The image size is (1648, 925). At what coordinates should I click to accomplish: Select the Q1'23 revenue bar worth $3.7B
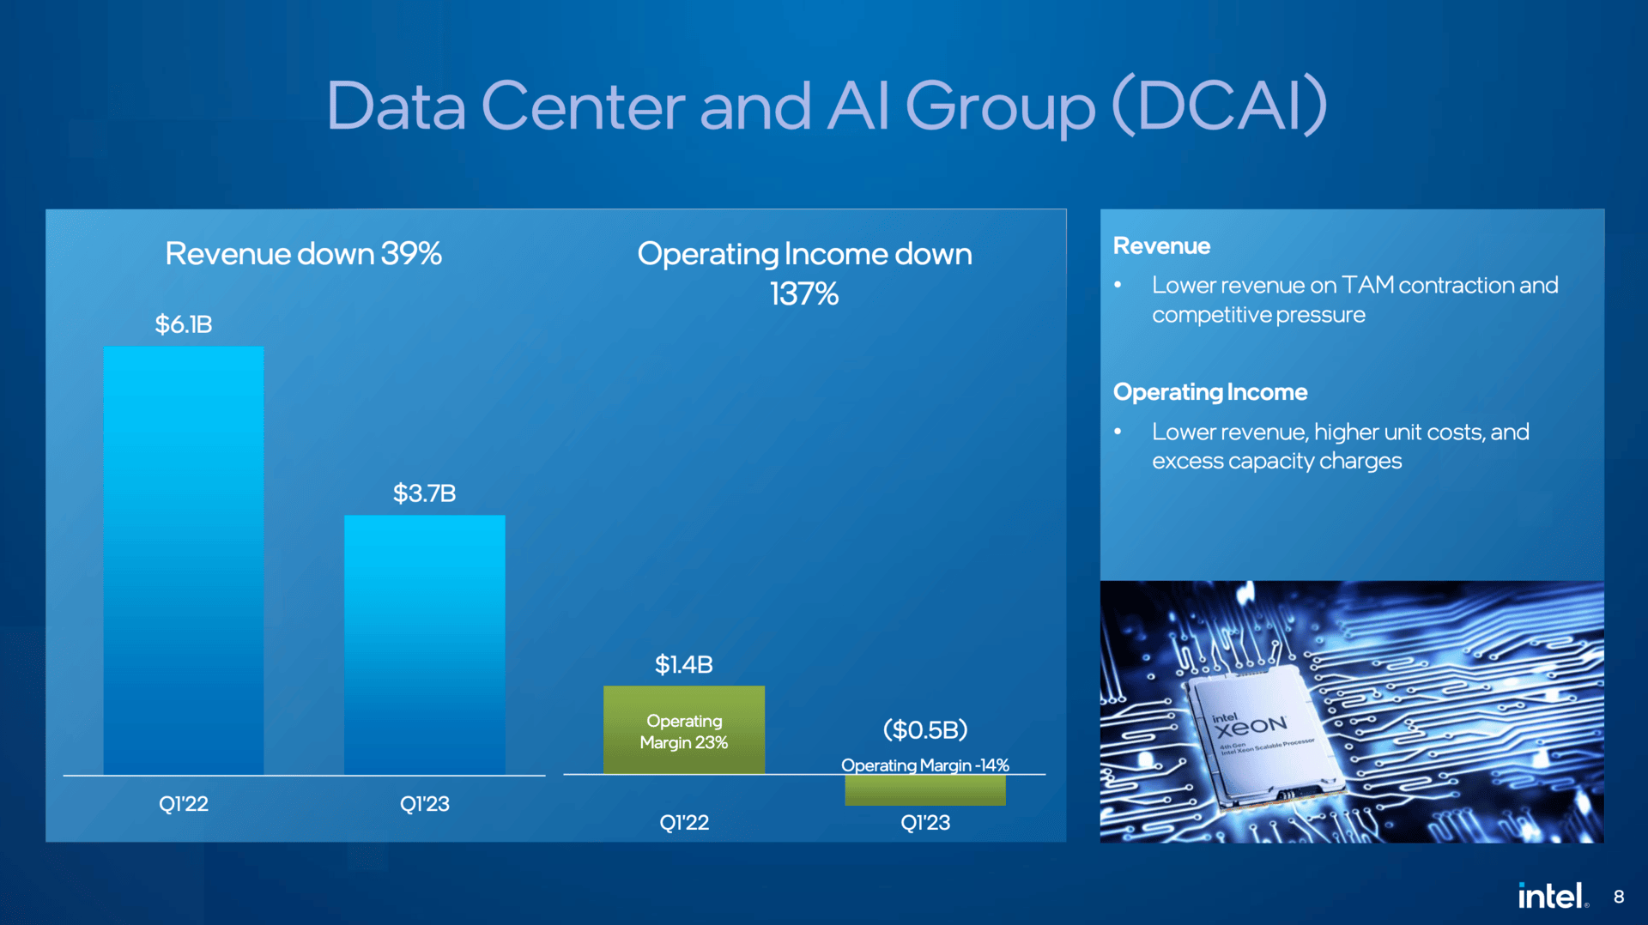(424, 644)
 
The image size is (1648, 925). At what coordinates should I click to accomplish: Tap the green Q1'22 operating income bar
(683, 729)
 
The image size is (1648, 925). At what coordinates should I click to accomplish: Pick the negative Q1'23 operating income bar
(924, 790)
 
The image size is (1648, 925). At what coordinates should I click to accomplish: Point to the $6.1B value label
(183, 324)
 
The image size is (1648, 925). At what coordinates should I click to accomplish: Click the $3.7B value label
(424, 493)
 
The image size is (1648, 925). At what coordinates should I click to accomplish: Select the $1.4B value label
(683, 664)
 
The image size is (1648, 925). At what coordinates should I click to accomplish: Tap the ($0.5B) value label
(924, 729)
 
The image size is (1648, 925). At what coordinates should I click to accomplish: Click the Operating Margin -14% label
(924, 765)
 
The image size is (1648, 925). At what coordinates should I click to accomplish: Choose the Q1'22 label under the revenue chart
(183, 804)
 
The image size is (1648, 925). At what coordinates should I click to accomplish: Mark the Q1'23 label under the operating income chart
(924, 823)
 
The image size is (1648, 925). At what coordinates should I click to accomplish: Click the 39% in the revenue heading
(411, 254)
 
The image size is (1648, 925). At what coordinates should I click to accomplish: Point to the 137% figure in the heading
(803, 294)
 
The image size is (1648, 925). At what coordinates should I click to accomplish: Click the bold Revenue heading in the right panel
(1161, 246)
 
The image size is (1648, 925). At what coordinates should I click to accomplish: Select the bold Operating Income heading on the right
(1209, 392)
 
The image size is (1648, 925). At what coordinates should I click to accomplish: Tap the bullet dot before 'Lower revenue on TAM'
(1118, 285)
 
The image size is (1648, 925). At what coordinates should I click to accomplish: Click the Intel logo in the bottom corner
(1552, 896)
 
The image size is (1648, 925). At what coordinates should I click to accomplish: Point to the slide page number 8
(1618, 897)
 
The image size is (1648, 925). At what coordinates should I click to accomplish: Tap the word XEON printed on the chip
(1251, 727)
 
